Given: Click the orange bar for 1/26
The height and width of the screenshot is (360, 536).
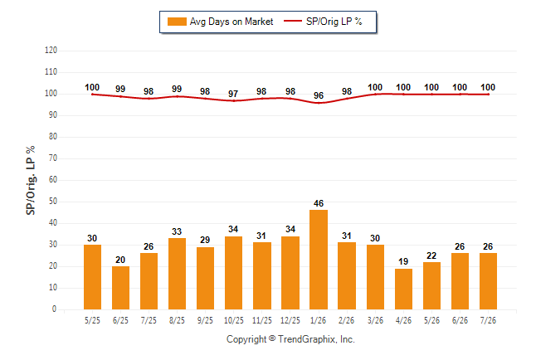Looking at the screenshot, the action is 319,260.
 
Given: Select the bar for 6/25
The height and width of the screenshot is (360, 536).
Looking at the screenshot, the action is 120,288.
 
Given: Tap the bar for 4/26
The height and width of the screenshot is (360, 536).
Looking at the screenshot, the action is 403,289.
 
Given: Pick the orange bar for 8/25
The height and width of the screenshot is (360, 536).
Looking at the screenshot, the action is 177,274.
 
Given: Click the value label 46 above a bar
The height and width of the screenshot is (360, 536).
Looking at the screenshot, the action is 319,203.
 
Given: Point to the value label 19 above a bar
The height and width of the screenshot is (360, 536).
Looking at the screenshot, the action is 403,261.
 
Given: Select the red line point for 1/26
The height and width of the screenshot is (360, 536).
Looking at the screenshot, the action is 319,103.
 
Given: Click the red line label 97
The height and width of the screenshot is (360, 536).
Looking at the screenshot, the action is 233,94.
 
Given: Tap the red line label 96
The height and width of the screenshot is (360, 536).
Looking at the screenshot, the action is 319,95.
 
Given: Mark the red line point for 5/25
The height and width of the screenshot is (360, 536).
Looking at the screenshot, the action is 92,95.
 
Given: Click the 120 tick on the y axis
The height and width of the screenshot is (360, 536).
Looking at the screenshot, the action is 51,51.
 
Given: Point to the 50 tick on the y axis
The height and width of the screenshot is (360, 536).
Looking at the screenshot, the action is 53,202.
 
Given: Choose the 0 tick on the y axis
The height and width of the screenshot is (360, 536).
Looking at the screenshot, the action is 55,309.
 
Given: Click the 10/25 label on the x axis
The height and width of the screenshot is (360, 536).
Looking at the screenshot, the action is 234,320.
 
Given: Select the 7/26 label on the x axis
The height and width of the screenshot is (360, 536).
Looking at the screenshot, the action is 488,320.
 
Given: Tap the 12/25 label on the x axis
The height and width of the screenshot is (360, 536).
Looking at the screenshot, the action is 290,320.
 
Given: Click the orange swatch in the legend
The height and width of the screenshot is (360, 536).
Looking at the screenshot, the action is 177,22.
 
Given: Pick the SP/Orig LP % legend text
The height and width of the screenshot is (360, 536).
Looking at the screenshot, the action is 334,22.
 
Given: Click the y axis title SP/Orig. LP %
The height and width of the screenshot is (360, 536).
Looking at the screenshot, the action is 31,181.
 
